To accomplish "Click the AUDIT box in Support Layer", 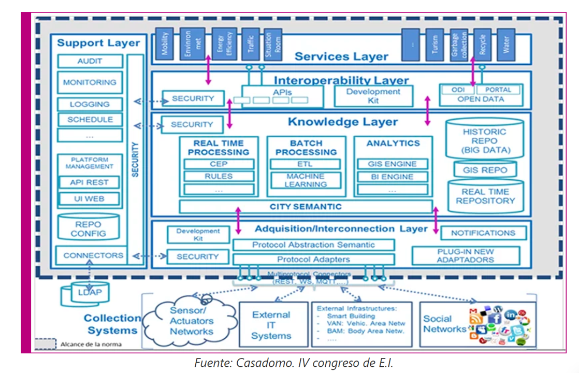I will tap(90, 61).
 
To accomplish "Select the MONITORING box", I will tap(90, 82).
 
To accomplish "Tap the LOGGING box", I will tap(90, 104).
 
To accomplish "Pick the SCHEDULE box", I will tap(90, 120).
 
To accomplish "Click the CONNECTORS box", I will tap(93, 255).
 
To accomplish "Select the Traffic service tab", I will tap(251, 44).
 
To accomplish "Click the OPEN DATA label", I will tap(481, 99).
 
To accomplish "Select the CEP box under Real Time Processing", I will tap(219, 164).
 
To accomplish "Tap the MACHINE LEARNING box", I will tap(306, 180).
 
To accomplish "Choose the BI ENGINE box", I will tap(393, 177).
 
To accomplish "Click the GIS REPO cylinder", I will tap(485, 169).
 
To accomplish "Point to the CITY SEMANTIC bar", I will tap(306, 207).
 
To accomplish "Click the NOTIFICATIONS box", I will tap(483, 233).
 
